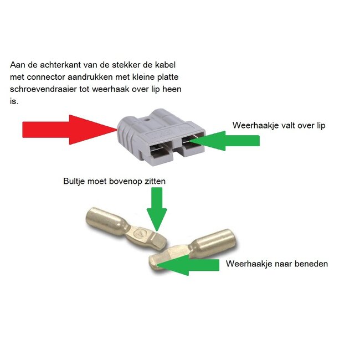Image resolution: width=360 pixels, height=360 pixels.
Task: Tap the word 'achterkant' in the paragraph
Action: click(x=52, y=65)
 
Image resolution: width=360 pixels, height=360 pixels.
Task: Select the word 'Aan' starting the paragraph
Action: click(x=17, y=65)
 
